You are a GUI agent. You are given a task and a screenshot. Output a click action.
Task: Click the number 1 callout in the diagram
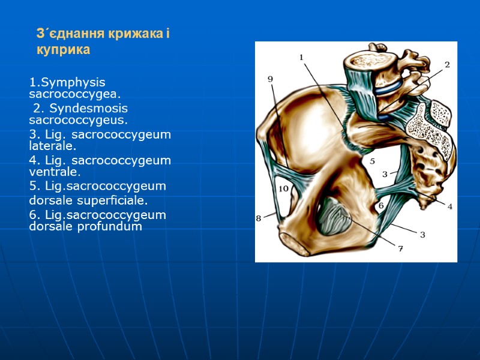tap(301, 57)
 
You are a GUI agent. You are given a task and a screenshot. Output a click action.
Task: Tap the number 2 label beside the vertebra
tap(447, 64)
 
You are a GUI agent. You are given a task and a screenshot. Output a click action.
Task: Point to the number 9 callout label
tap(270, 79)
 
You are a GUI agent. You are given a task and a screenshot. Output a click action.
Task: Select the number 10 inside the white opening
tap(283, 189)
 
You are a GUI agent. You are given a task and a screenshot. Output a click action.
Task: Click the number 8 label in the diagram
tap(259, 219)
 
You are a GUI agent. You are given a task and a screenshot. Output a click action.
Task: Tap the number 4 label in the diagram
tap(449, 206)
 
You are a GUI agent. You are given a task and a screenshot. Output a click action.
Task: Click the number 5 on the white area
tap(372, 161)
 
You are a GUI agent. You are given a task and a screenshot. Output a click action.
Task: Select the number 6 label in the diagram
tap(380, 206)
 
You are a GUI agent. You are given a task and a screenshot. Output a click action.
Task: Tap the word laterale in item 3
tap(53, 146)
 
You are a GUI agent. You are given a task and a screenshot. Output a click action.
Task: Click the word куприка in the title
tap(63, 50)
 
